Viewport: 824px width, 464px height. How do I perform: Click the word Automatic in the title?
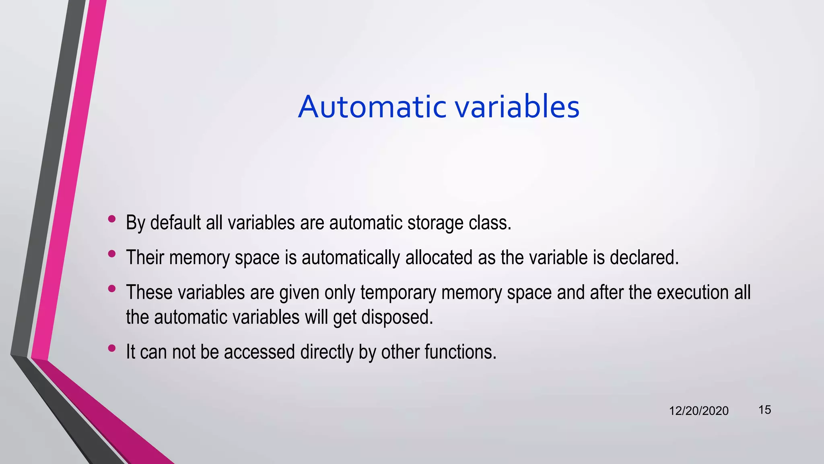(x=372, y=107)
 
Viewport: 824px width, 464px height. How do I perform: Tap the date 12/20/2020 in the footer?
(x=698, y=411)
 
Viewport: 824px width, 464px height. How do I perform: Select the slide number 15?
(x=764, y=410)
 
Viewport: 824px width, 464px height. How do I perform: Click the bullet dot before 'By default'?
(x=112, y=219)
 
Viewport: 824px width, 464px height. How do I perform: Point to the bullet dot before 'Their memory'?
(x=112, y=254)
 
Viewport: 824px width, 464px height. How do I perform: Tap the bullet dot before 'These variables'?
(x=112, y=288)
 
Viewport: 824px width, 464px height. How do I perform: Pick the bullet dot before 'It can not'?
(x=112, y=348)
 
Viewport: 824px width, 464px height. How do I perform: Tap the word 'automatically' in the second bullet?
(x=350, y=258)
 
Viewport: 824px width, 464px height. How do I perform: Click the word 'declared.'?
(x=644, y=257)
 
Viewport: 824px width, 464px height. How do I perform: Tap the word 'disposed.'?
(x=397, y=317)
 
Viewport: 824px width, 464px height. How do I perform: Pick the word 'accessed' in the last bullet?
(x=259, y=352)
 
